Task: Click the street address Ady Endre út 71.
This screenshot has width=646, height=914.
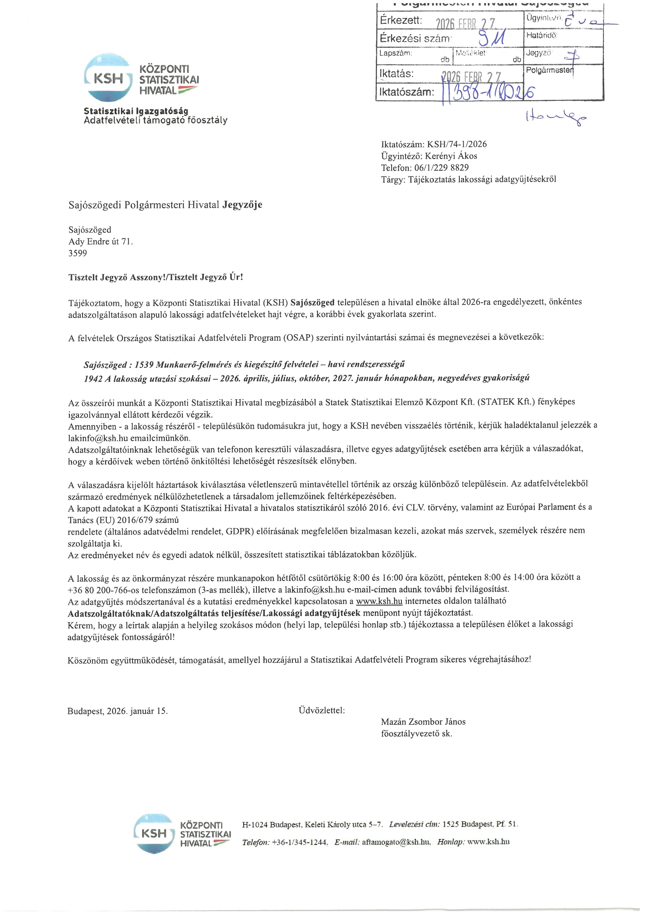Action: [101, 242]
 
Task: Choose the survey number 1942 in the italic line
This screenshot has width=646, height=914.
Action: [93, 378]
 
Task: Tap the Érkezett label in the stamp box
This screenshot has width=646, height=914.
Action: [401, 20]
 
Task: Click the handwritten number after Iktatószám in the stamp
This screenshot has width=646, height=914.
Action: [489, 94]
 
